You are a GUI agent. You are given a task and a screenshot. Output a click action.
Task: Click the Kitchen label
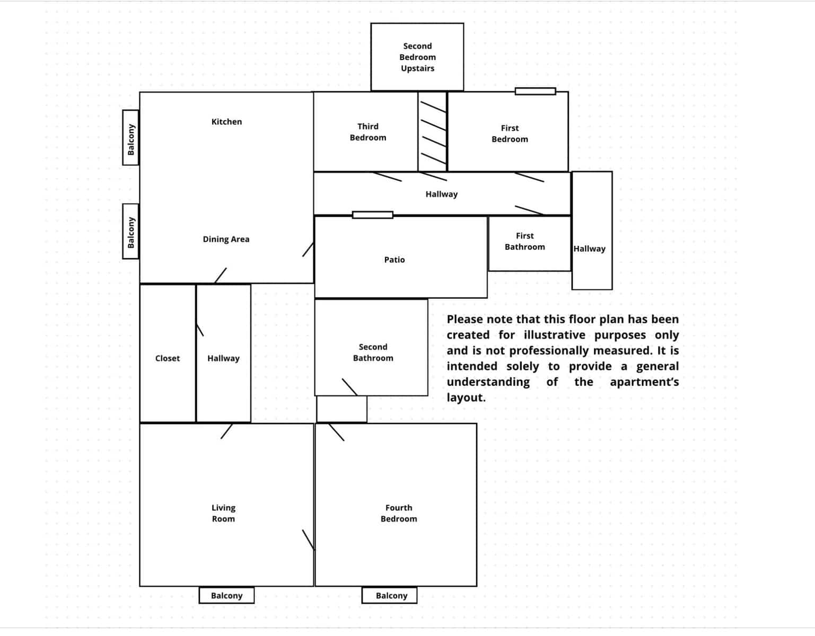(x=226, y=122)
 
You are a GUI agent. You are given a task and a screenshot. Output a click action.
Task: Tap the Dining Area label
(x=226, y=239)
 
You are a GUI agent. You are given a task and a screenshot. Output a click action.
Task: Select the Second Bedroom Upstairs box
(x=417, y=57)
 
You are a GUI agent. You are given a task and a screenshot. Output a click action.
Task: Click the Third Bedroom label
(x=367, y=132)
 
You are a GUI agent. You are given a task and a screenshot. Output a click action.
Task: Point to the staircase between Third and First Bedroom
(x=433, y=131)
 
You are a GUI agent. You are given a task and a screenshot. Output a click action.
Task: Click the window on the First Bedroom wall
(x=535, y=92)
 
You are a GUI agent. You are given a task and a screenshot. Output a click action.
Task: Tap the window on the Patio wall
(x=372, y=215)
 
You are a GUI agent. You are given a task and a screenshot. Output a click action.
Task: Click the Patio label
(x=394, y=260)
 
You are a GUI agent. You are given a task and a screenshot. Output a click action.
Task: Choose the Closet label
(x=168, y=358)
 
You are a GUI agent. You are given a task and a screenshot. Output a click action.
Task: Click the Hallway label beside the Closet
(x=223, y=358)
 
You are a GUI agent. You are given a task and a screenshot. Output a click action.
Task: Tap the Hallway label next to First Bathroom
(x=589, y=249)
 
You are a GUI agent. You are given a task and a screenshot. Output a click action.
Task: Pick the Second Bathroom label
(x=373, y=352)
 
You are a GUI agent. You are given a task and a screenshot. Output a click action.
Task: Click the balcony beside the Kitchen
(x=130, y=138)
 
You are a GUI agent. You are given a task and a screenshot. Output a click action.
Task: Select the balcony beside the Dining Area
(x=130, y=232)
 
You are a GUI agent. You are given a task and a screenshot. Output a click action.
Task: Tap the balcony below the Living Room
(x=226, y=595)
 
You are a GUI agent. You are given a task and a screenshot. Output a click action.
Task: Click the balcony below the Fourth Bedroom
(x=391, y=595)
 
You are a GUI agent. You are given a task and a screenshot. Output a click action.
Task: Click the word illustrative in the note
(x=554, y=335)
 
